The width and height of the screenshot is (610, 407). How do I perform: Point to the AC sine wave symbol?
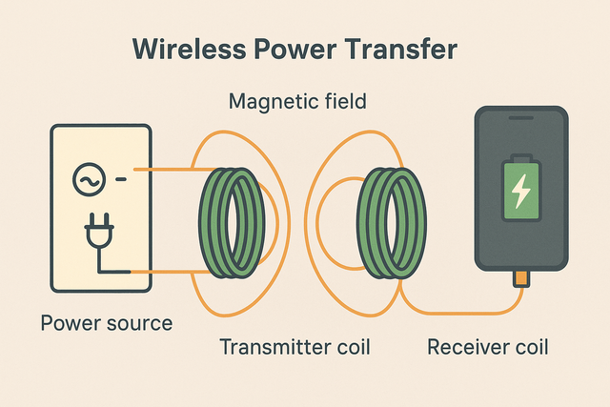[88, 178]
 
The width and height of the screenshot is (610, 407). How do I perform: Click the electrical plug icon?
[98, 235]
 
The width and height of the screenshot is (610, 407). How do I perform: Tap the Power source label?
[106, 323]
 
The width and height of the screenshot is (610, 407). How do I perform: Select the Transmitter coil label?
[295, 346]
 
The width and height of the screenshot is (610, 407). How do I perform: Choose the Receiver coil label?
[487, 346]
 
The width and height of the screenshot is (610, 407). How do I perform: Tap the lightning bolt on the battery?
[520, 193]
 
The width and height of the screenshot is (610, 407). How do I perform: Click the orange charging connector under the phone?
[520, 277]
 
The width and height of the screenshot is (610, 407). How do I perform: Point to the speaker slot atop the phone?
[520, 118]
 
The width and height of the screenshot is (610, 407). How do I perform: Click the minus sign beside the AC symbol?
[121, 178]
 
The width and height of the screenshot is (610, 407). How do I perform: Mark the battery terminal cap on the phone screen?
[520, 158]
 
